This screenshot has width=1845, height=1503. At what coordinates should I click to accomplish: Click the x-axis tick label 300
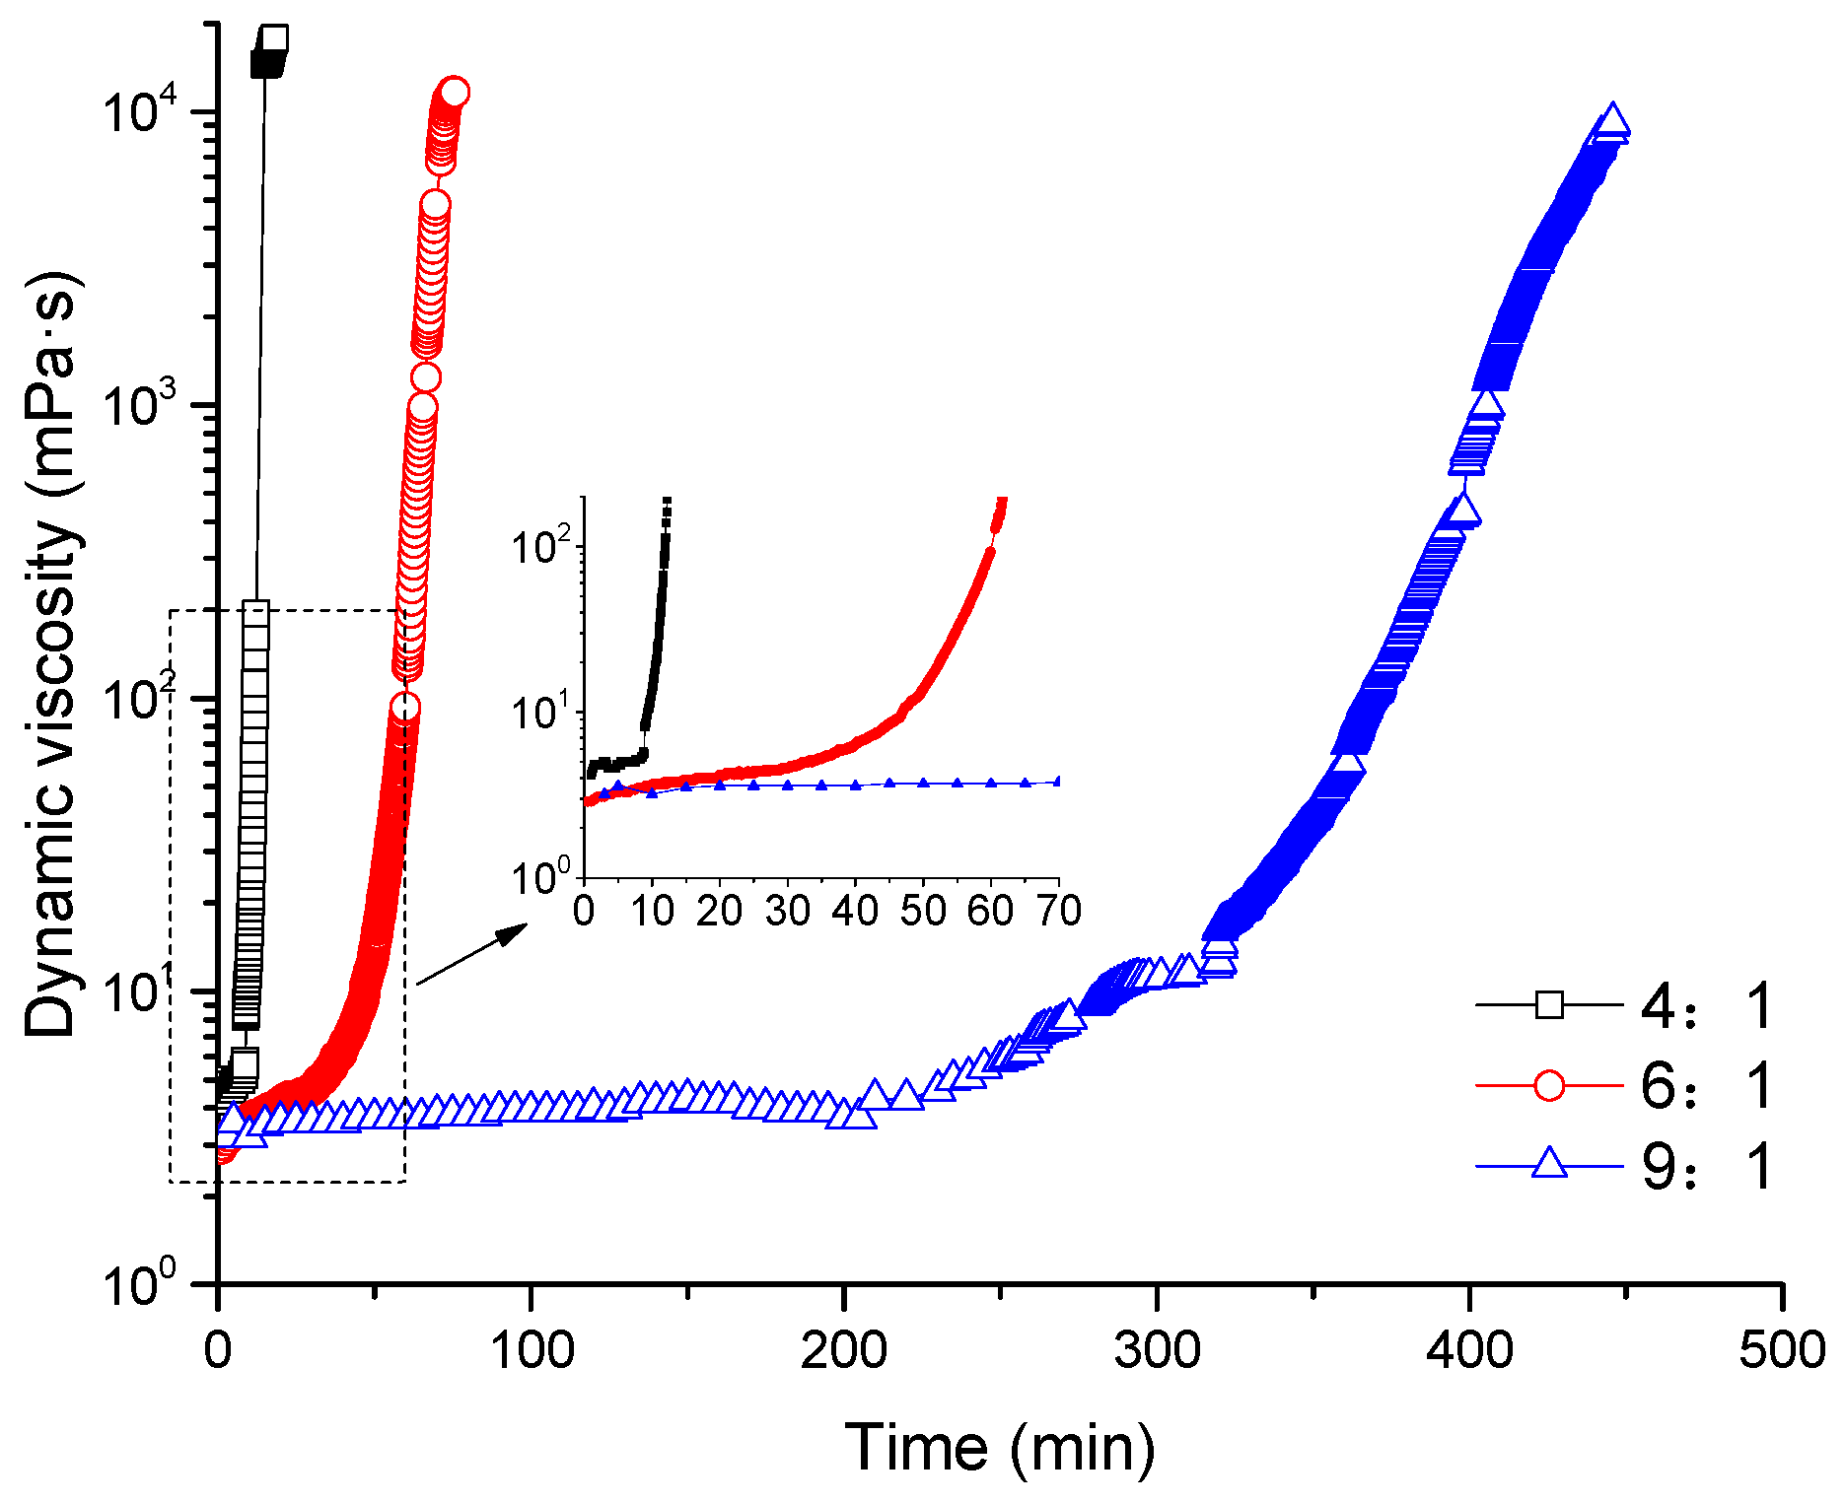tap(1157, 1349)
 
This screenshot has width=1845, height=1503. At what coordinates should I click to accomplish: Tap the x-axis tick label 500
tap(1782, 1349)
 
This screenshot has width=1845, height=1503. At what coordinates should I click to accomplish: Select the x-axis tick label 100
tap(532, 1349)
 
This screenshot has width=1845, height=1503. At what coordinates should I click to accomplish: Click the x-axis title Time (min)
tap(999, 1447)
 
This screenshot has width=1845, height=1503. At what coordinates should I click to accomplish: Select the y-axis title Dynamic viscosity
tap(51, 655)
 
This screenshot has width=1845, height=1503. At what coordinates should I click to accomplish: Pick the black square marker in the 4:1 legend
tap(1549, 1005)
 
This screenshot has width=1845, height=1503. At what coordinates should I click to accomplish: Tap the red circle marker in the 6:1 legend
tap(1549, 1086)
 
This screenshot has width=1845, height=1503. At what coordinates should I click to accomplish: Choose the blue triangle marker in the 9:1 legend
tap(1549, 1164)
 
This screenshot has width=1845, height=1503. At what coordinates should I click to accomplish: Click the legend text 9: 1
tap(1707, 1167)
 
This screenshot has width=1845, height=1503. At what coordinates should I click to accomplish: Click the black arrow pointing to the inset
tap(473, 952)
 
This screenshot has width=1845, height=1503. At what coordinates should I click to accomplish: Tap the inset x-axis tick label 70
tap(1059, 911)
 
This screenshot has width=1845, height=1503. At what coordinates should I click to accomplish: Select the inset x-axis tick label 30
tap(788, 911)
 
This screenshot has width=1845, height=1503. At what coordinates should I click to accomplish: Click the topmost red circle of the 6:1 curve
tap(454, 93)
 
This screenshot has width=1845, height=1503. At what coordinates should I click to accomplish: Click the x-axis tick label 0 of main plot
tap(218, 1349)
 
